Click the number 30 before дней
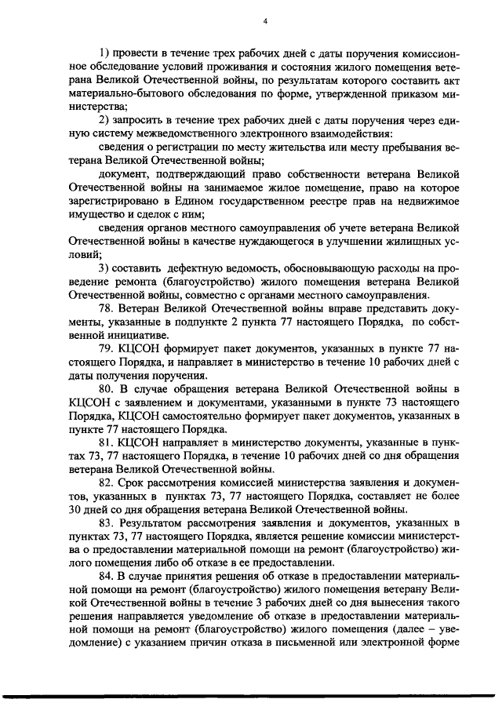[78, 509]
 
